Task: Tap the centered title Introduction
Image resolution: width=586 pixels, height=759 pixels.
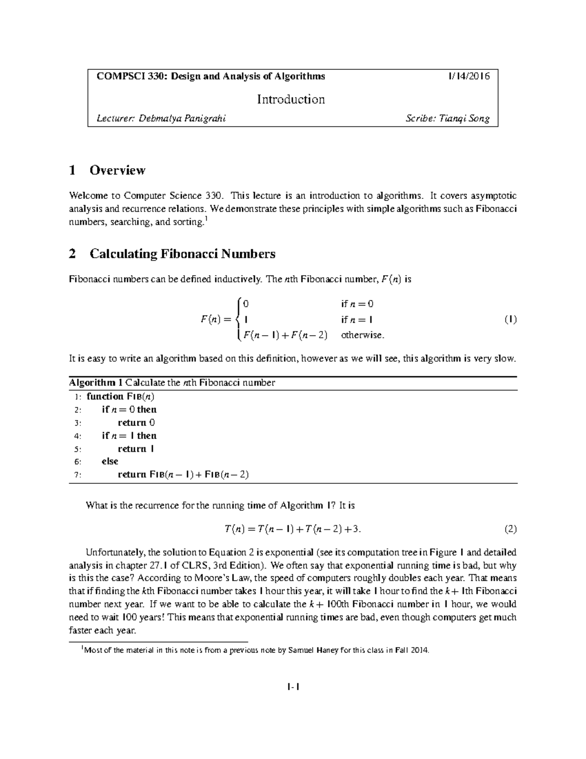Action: click(x=291, y=99)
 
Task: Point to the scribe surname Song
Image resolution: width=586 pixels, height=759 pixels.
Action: click(x=479, y=118)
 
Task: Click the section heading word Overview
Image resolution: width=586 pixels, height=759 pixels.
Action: click(x=117, y=170)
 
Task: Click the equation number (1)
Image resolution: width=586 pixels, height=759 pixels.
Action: click(x=510, y=320)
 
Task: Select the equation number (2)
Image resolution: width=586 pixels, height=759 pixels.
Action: click(x=510, y=529)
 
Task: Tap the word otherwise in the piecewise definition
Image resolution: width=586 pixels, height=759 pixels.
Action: click(x=363, y=335)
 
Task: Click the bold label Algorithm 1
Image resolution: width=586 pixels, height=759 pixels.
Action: click(x=96, y=383)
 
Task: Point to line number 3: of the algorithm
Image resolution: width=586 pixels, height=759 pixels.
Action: click(x=78, y=423)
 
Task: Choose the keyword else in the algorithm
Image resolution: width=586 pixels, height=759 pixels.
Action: click(x=110, y=461)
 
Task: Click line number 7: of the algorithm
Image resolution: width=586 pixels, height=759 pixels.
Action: click(x=78, y=475)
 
